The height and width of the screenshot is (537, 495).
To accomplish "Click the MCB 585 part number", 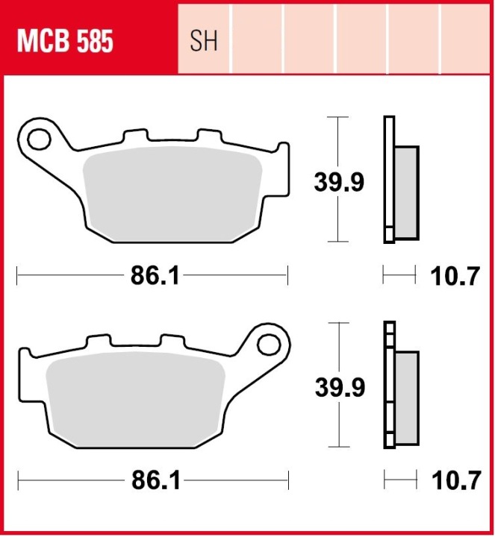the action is coord(65,41).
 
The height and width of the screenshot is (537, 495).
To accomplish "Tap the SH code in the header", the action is coord(204,41).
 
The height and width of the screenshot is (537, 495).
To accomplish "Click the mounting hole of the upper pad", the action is coord(39,139).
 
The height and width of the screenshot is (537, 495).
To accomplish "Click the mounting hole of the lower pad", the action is coord(269,345).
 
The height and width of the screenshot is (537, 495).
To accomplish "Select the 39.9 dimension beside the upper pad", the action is coord(339,182).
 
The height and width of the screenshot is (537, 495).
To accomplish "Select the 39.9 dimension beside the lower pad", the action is coord(340,387).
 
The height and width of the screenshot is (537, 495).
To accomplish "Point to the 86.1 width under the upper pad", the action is coord(155,276).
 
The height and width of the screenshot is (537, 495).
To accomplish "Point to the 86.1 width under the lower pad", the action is coord(156,480).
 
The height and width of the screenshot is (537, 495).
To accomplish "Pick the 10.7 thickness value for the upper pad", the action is coord(455,276).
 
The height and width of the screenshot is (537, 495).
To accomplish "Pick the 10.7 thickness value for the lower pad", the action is coord(456,480).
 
